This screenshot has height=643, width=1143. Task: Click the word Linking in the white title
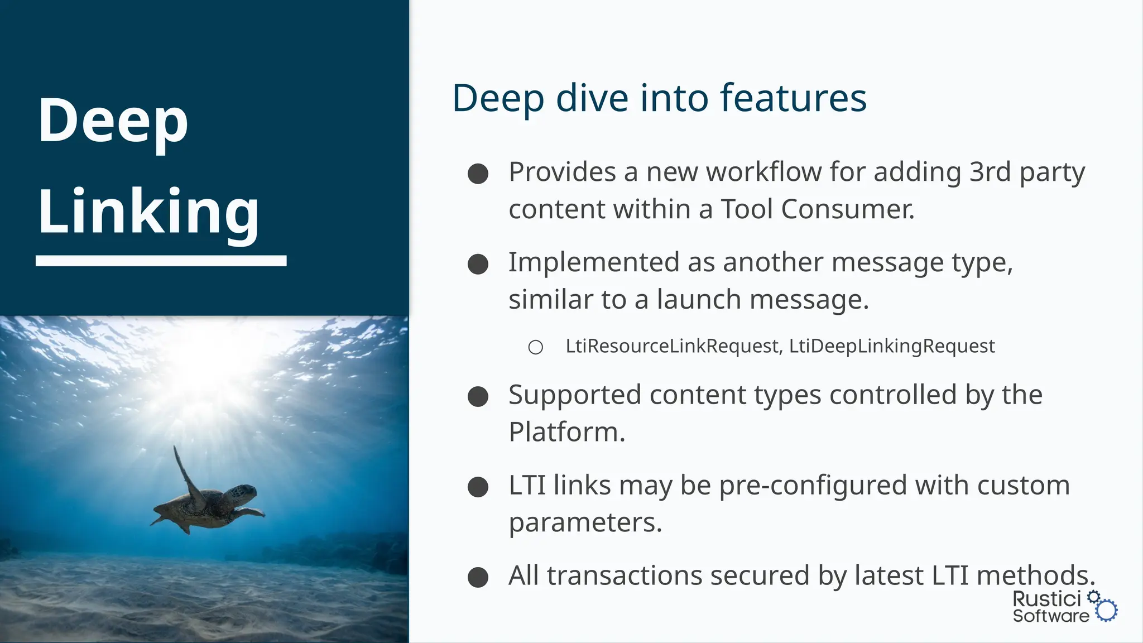148,212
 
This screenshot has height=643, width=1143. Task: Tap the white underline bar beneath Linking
161,261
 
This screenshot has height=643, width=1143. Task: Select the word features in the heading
793,98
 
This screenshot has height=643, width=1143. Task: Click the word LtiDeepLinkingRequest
892,346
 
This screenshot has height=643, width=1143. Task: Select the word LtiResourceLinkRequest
672,346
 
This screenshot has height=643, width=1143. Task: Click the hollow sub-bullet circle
535,348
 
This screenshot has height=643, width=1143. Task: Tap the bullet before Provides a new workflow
478,174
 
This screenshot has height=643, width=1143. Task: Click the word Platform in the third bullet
566,432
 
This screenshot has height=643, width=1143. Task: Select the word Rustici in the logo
1046,599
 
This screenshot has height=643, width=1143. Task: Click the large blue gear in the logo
1106,611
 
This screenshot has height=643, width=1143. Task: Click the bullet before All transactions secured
478,577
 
